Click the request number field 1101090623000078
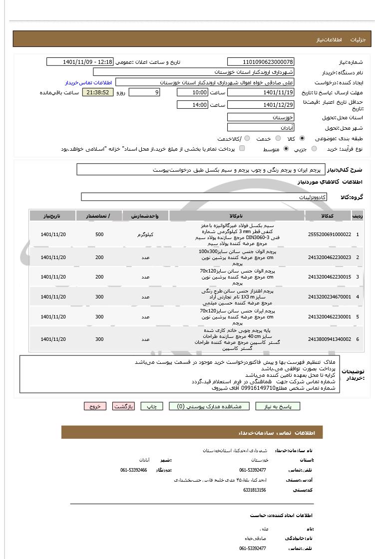(261, 62)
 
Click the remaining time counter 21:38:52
(98, 92)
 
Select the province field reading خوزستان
(261, 117)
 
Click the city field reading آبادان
(261, 128)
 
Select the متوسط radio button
(286, 149)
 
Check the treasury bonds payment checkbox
(242, 149)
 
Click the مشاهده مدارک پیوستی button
(205, 406)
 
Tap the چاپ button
(152, 406)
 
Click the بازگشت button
(123, 406)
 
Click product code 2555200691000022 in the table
(329, 235)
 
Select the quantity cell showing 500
(99, 235)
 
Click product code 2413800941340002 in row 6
(329, 339)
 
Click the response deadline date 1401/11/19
(261, 92)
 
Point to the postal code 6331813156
(255, 490)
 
